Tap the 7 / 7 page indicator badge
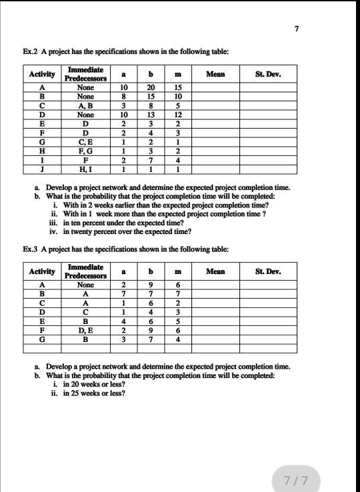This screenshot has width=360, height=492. (295, 480)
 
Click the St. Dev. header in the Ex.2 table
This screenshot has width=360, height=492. (269, 75)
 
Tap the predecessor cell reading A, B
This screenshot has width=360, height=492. (85, 107)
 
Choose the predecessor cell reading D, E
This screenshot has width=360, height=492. (85, 329)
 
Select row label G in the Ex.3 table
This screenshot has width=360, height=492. (43, 338)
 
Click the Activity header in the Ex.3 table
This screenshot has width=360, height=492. (43, 271)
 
